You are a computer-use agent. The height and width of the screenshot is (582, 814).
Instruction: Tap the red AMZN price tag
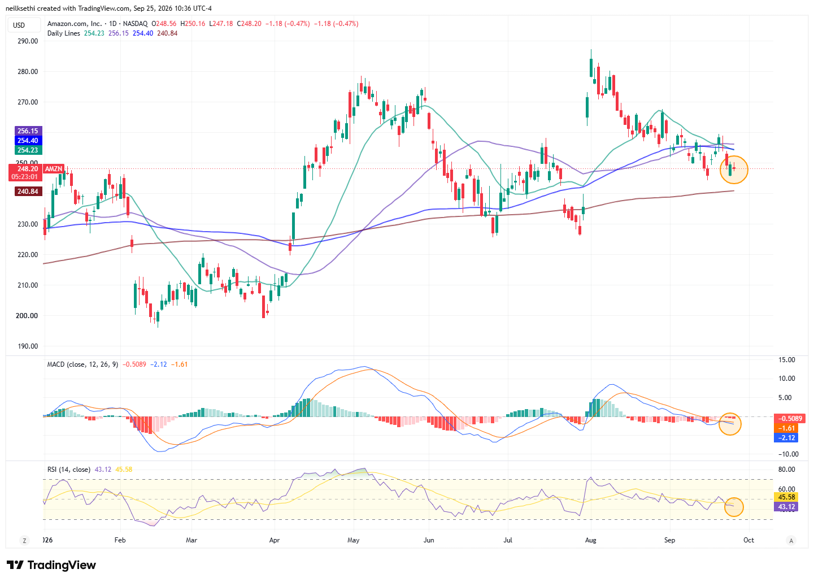(x=54, y=169)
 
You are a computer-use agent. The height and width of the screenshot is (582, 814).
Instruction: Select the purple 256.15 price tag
(x=28, y=131)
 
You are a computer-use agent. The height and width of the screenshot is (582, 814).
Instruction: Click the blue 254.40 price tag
(x=28, y=140)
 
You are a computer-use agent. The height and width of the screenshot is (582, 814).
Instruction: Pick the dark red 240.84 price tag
(x=28, y=191)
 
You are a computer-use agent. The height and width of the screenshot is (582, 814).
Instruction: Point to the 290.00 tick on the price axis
(x=28, y=41)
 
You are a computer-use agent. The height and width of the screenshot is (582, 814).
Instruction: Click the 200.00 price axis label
(x=27, y=315)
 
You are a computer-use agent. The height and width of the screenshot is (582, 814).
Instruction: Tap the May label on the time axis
(x=353, y=540)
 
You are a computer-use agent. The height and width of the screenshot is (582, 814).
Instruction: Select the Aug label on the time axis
(x=590, y=540)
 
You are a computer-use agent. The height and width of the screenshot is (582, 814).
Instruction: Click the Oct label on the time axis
(x=748, y=540)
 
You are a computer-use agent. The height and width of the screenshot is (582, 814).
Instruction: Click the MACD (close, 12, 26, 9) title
(x=82, y=364)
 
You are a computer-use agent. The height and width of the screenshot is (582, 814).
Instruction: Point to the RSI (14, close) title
(x=69, y=470)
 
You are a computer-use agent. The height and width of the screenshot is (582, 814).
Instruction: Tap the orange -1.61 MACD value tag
(x=786, y=428)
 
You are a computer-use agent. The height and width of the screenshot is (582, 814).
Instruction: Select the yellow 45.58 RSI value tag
(x=786, y=497)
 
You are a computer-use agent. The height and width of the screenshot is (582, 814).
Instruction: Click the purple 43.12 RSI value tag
(x=786, y=506)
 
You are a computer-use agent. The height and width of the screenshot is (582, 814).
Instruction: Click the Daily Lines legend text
(x=64, y=33)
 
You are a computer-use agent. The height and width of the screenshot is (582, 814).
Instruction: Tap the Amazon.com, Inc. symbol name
(x=75, y=24)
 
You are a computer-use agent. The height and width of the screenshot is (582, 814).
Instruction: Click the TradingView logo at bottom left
(x=51, y=565)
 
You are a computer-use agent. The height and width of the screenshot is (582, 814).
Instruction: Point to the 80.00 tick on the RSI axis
(x=786, y=470)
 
